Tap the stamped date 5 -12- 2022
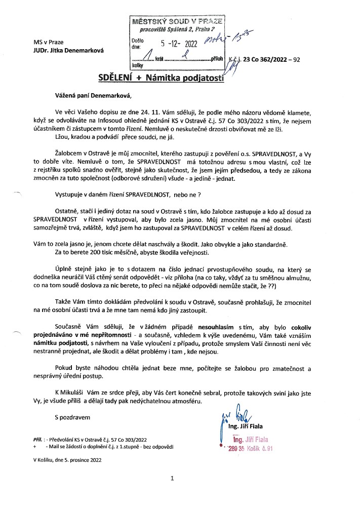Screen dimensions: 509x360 pos(179,44)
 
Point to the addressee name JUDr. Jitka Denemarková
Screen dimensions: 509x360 pos(57,50)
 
